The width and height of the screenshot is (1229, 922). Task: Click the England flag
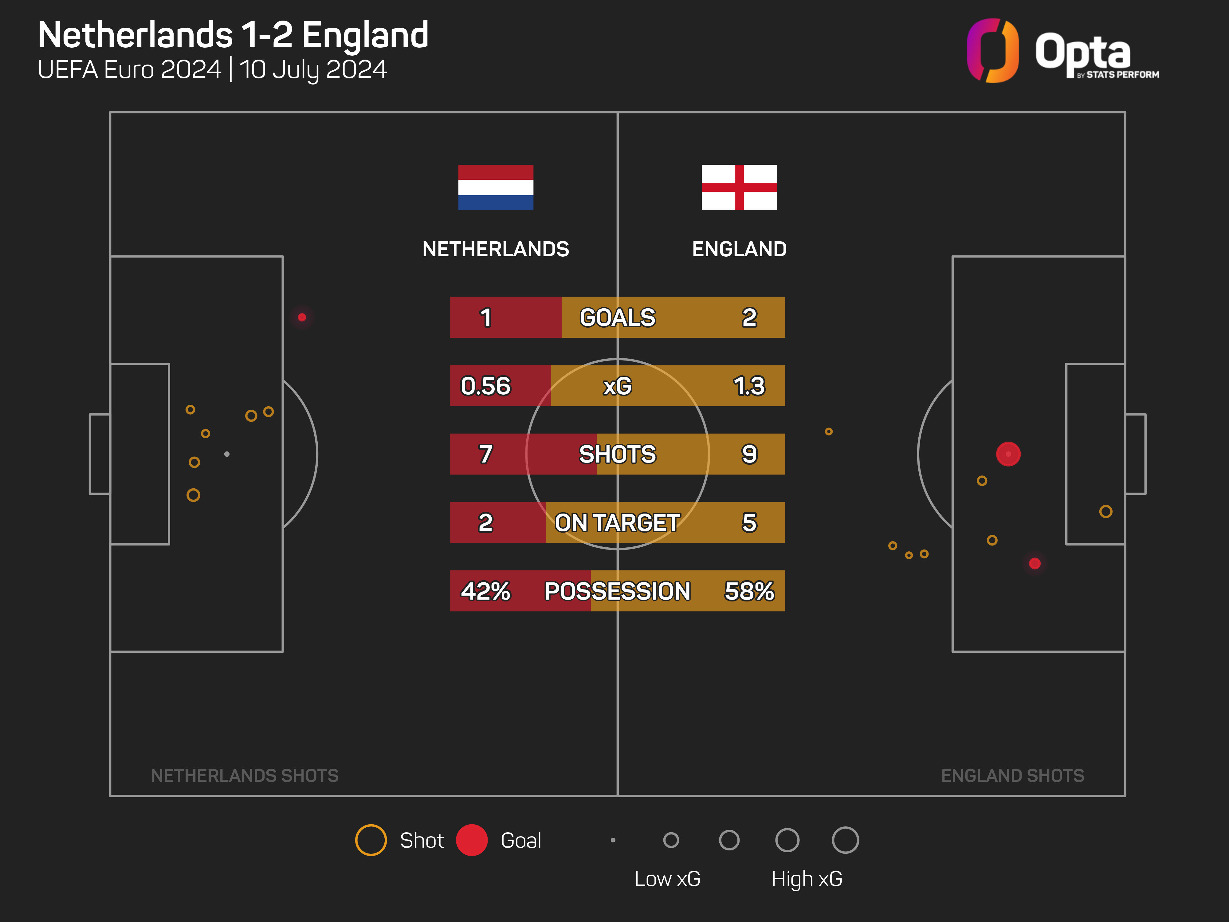click(x=739, y=187)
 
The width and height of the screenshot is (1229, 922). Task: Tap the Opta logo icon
click(x=992, y=51)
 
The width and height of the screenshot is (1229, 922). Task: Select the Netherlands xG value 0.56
click(x=485, y=386)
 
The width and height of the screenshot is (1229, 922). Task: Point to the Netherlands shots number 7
click(x=485, y=454)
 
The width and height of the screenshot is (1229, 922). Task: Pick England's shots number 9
click(x=749, y=454)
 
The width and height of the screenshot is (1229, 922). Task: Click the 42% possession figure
click(x=485, y=591)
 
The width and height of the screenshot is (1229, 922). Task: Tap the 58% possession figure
click(x=749, y=591)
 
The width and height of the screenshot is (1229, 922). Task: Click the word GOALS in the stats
click(x=617, y=317)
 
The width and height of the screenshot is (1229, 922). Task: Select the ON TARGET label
click(x=617, y=522)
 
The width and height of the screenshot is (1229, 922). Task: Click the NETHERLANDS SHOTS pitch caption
click(x=245, y=775)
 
